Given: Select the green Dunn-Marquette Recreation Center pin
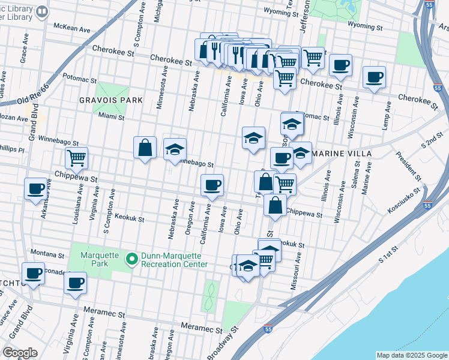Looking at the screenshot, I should (131, 260).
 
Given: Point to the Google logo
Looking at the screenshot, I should (20, 352).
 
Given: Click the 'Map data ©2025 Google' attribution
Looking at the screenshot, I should (411, 355).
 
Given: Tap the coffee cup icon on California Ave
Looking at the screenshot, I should (211, 185).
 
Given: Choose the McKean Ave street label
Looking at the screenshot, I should (71, 27).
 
